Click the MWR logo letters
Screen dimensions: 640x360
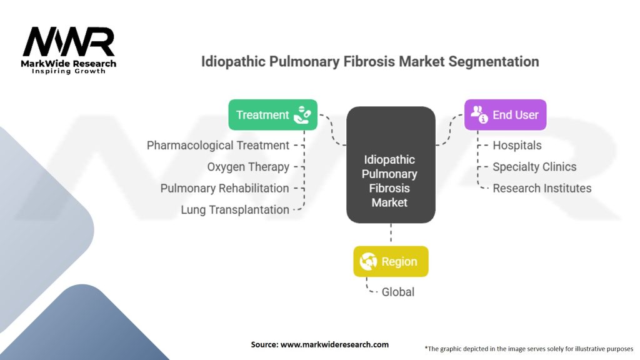pos(69,42)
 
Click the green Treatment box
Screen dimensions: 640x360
pos(272,115)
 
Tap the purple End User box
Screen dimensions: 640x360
pos(505,115)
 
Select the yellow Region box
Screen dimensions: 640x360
pos(391,261)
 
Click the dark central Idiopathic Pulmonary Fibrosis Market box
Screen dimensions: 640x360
pos(391,165)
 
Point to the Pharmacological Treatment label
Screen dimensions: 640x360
pos(218,145)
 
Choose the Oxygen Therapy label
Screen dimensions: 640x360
pos(248,167)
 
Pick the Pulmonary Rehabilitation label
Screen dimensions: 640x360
pos(224,188)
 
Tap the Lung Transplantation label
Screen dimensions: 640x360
pos(235,210)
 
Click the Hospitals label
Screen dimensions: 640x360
pos(517,145)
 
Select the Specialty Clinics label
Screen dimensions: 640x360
pos(535,167)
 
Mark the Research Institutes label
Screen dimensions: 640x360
pos(542,188)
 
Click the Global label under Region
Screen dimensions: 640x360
pos(398,292)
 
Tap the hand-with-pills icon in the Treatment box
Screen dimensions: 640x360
pos(302,115)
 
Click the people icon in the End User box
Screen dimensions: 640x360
pos(479,114)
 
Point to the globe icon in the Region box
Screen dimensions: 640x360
pos(368,261)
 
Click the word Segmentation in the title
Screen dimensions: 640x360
pos(494,62)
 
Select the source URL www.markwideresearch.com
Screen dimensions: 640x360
pos(335,344)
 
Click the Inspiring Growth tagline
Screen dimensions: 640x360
pos(69,71)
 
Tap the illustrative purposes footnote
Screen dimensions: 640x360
pos(529,349)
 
